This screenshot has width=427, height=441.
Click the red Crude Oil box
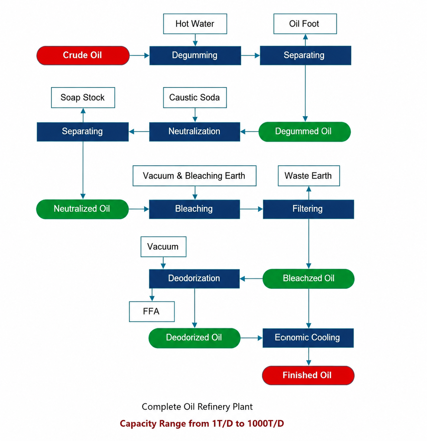(x=83, y=56)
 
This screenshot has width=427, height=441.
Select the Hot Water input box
(x=195, y=24)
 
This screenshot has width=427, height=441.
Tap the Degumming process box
(x=195, y=56)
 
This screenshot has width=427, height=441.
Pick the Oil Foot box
(x=305, y=24)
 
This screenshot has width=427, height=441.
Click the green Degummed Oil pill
(x=305, y=132)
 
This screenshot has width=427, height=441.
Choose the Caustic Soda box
(x=195, y=98)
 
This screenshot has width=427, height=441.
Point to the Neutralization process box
(x=194, y=132)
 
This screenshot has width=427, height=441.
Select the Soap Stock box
(x=83, y=98)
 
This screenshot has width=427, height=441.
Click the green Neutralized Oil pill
(x=82, y=209)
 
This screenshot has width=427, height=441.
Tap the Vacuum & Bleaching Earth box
(x=194, y=176)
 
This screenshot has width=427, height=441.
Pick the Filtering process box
(x=308, y=209)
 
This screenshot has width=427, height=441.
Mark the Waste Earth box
(x=309, y=176)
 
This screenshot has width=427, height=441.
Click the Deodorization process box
(x=194, y=278)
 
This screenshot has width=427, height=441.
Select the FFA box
(x=152, y=311)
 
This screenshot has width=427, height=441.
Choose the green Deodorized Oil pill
(x=194, y=338)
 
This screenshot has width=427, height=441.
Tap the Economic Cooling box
(x=308, y=338)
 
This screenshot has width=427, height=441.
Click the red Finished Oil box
(x=308, y=375)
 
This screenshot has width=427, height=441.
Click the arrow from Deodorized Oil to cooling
(x=252, y=338)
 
